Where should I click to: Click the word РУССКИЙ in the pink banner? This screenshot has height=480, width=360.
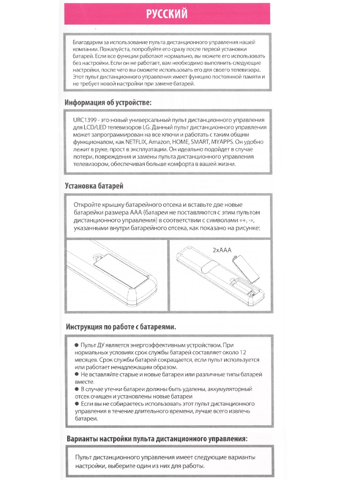coord(167,14)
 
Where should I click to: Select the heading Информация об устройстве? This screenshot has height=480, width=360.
coord(108,103)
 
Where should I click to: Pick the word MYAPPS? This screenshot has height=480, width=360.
coord(223,142)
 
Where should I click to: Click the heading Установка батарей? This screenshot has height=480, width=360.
coord(94,186)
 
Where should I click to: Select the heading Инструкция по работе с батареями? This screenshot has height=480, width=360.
coord(121,326)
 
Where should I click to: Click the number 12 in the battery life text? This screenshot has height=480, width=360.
coord(242,352)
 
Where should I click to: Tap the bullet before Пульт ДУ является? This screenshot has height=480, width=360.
coord(77,345)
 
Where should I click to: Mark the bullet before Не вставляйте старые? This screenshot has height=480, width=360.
coord(77,375)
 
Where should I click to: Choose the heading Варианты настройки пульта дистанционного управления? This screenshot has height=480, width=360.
coord(157,439)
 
